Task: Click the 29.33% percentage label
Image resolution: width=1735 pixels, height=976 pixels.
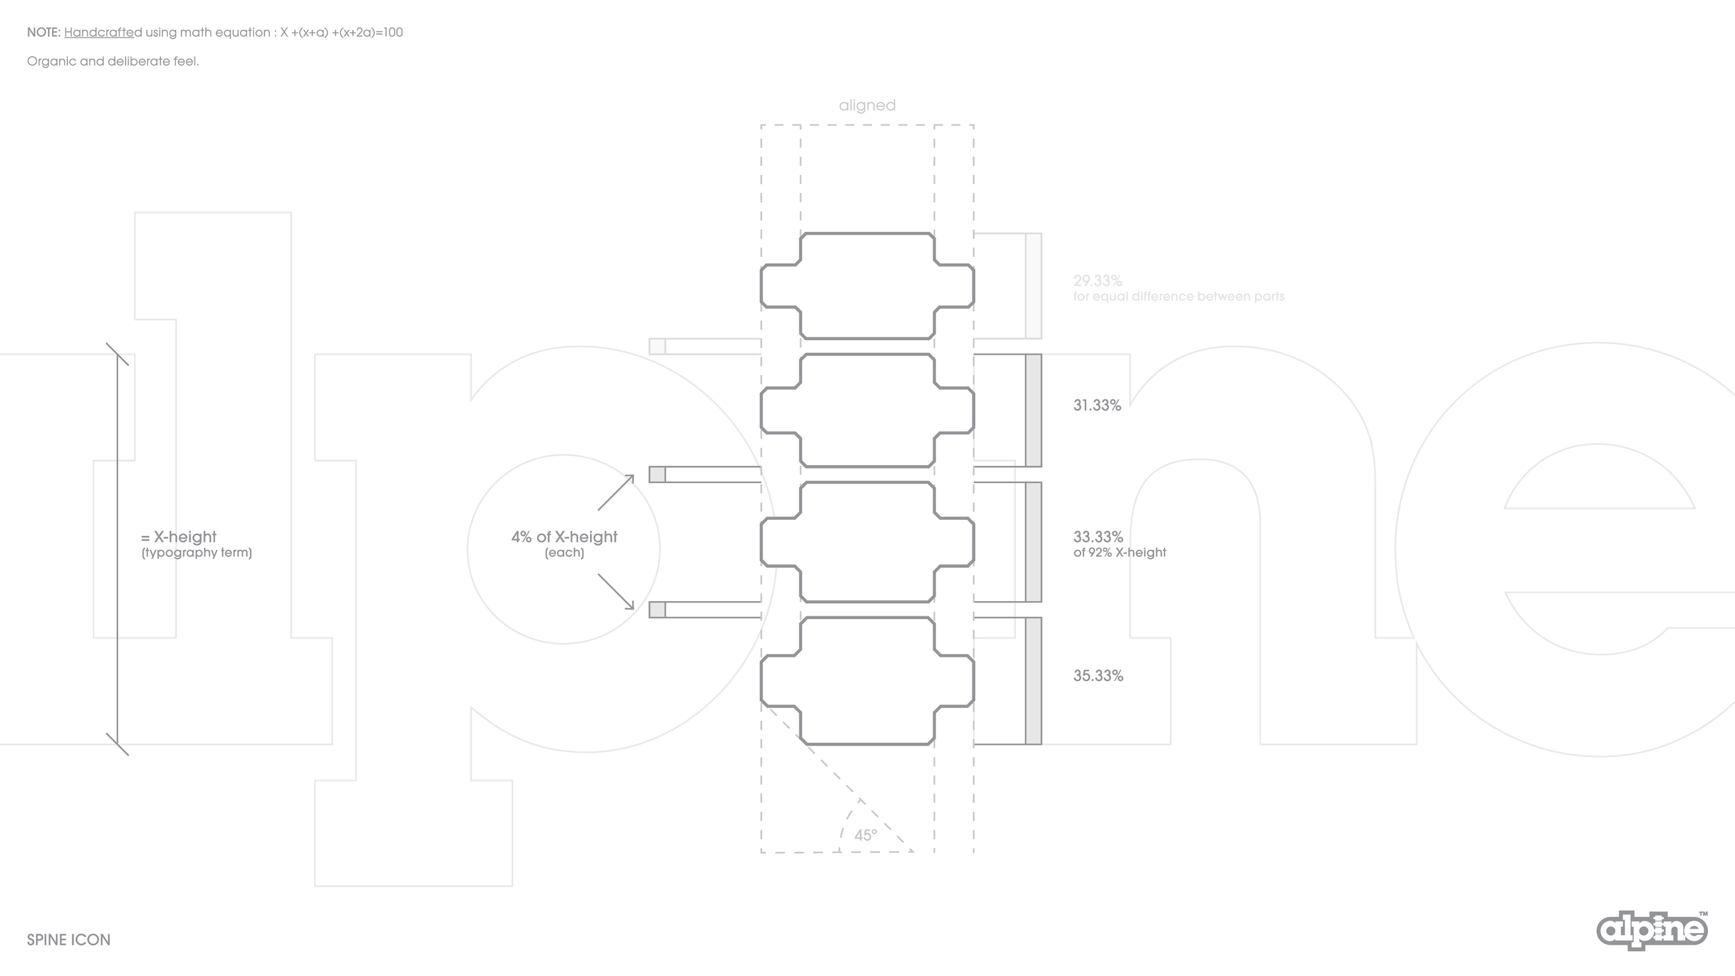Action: pos(1097,281)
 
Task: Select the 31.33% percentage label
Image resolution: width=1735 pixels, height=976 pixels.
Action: pos(1097,405)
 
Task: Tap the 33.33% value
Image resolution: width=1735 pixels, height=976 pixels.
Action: pos(1098,537)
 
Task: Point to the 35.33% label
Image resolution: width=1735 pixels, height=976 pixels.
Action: pos(1098,676)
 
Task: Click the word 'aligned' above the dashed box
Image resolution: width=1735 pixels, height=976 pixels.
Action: pos(867,106)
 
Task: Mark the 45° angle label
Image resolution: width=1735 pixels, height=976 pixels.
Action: pos(865,835)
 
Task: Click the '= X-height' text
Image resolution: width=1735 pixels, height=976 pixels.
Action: pos(179,537)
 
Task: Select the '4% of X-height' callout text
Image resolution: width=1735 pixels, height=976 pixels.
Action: pos(564,537)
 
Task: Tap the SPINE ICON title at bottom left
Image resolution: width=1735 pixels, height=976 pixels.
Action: pos(69,940)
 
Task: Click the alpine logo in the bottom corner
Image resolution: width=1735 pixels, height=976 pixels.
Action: pos(1652,931)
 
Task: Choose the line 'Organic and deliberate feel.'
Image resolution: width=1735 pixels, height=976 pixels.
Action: pos(113,61)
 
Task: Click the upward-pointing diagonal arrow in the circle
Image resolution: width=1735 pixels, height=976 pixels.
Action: pos(616,492)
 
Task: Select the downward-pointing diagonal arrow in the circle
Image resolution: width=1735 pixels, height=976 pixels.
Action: pos(616,591)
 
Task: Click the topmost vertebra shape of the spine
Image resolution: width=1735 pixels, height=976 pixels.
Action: pos(867,286)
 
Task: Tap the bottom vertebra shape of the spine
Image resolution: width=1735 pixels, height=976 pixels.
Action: pos(867,681)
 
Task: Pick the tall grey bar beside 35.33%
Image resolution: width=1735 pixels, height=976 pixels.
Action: pos(1033,681)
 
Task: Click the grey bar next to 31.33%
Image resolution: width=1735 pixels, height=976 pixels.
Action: pos(1033,410)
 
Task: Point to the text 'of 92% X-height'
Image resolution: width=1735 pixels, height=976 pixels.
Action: pos(1119,553)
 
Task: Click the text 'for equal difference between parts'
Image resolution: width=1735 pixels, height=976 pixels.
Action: pos(1178,296)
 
